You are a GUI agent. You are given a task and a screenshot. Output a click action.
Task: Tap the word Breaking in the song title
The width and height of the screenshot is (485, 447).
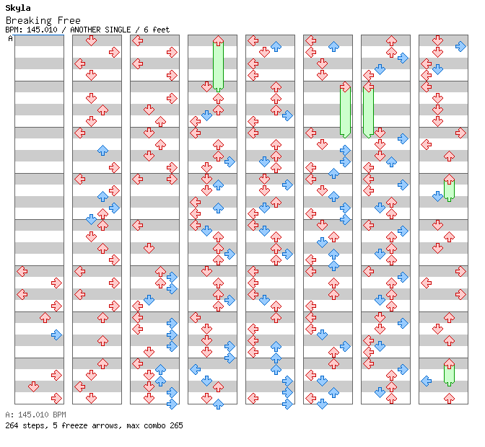pyautogui.click(x=26, y=20)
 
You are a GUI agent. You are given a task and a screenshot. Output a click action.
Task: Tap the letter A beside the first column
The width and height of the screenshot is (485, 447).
pyautogui.click(x=10, y=38)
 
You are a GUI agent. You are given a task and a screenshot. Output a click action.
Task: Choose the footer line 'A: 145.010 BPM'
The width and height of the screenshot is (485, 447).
pyautogui.click(x=35, y=415)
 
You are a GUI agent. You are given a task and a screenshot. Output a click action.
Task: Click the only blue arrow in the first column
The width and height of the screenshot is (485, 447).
pyautogui.click(x=56, y=335)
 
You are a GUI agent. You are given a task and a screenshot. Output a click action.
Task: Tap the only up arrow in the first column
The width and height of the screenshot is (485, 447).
pyautogui.click(x=45, y=317)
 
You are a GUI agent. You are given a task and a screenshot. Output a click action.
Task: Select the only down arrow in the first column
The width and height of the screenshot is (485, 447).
pyautogui.click(x=33, y=386)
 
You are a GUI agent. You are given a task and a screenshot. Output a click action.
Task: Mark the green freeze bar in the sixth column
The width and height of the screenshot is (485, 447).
pyautogui.click(x=345, y=110)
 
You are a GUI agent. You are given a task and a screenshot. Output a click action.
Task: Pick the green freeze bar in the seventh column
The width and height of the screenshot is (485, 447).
pyautogui.click(x=368, y=110)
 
